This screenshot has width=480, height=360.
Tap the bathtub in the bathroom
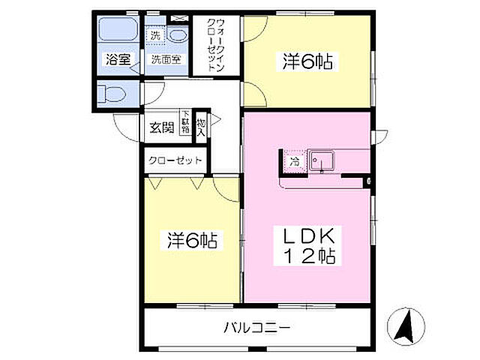pyautogui.click(x=116, y=32)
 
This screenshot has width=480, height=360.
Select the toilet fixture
pyautogui.click(x=110, y=94)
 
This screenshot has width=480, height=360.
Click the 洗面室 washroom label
pyautogui.click(x=164, y=60)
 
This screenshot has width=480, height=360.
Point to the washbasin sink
pyautogui.click(x=178, y=34)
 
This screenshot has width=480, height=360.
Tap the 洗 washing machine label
pyautogui.click(x=155, y=34)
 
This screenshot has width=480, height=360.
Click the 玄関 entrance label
pyautogui.click(x=160, y=127)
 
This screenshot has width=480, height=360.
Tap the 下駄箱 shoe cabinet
pyautogui.click(x=184, y=123)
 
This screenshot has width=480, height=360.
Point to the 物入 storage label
pyautogui.click(x=201, y=125)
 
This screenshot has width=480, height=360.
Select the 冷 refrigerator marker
pyautogui.click(x=295, y=161)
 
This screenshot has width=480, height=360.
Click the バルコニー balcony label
pyautogui.click(x=255, y=327)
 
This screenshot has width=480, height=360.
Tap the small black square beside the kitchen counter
pyautogui.click(x=368, y=181)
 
